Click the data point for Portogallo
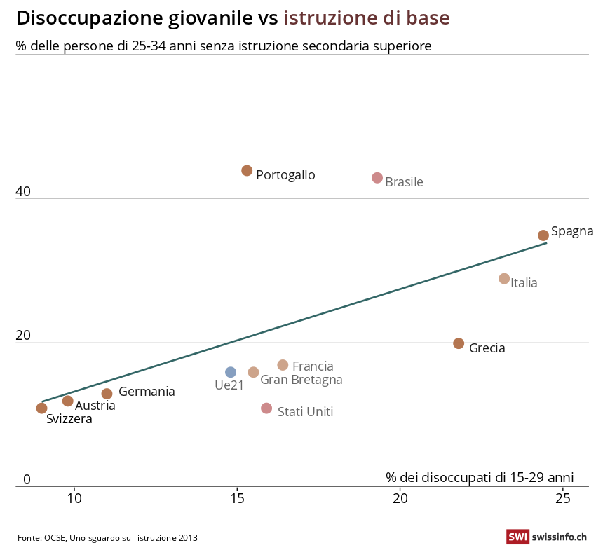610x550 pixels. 247,171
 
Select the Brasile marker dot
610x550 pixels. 377,178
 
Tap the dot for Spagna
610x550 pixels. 543,235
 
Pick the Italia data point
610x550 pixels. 504,279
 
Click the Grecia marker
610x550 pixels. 459,343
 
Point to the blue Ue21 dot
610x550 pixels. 231,372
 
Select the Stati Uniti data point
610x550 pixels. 266,408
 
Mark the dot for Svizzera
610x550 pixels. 41,408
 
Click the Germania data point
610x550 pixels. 107,394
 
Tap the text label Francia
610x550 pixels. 313,366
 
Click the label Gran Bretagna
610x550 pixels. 301,380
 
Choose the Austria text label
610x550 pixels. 95,405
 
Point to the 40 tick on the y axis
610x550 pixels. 23,191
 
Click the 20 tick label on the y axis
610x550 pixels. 23,336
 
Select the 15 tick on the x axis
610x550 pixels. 237,498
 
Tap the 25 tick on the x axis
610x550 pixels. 563,498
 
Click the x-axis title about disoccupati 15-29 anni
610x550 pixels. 480,477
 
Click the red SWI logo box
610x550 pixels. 517,537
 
